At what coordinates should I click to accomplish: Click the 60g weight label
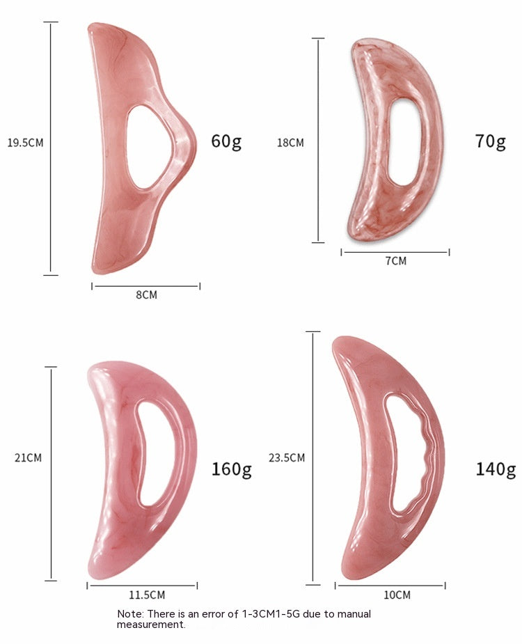(226, 141)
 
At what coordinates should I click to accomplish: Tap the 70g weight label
(491, 141)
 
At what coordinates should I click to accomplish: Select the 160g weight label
(232, 469)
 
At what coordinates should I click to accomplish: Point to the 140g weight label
(496, 469)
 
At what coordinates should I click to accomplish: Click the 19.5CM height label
(25, 143)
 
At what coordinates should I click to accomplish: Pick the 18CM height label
(290, 143)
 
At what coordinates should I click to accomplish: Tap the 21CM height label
(28, 457)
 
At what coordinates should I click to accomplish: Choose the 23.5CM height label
(287, 457)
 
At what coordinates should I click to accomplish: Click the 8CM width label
(147, 295)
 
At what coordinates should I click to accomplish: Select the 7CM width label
(396, 261)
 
